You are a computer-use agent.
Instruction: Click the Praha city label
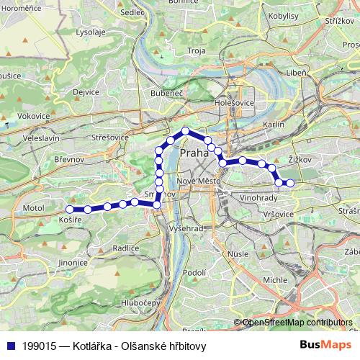click(195, 153)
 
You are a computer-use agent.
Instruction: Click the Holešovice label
click(231, 104)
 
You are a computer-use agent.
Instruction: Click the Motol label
click(34, 207)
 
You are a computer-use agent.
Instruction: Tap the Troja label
click(196, 50)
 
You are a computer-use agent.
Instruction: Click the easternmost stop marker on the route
click(290, 183)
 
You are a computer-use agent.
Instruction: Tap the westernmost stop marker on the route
click(69, 210)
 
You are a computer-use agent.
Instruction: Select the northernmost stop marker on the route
click(185, 131)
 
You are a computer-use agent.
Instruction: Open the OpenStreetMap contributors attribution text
click(297, 323)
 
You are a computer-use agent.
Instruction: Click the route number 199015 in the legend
click(41, 346)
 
